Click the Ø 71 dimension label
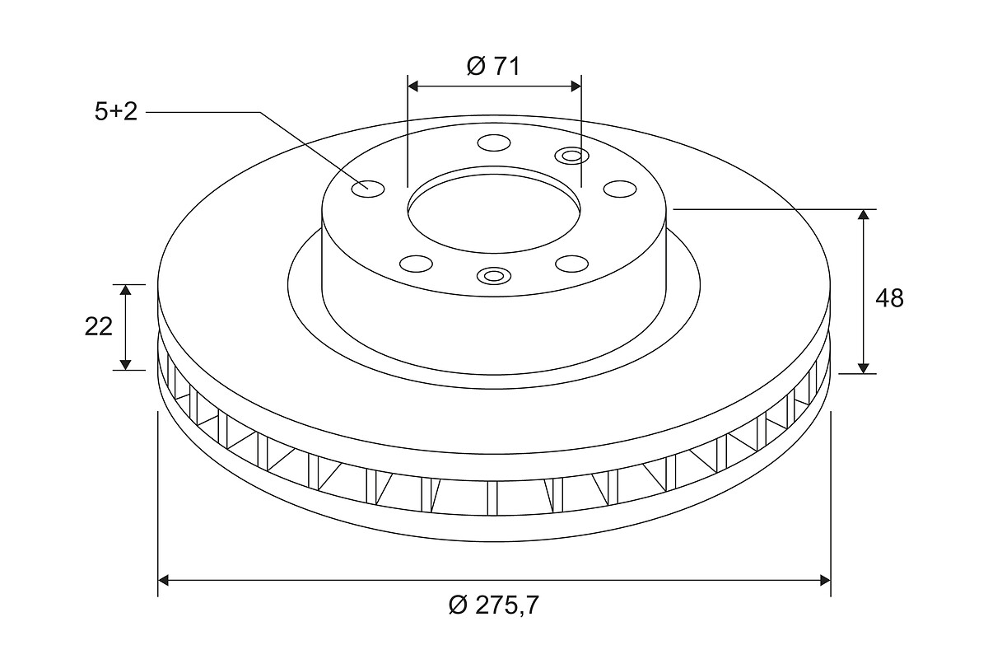493,67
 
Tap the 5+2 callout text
116,112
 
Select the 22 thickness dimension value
98,327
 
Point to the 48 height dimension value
890,298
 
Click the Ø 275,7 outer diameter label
493,605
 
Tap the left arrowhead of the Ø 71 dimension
412,86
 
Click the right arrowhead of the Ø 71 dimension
576,86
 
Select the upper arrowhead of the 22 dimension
126,290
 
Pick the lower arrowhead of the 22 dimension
126,365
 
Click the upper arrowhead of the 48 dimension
864,214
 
